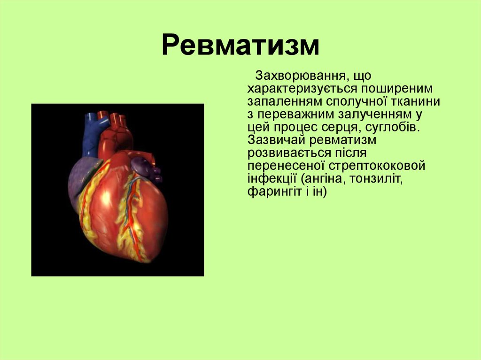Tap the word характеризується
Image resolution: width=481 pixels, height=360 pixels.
302,89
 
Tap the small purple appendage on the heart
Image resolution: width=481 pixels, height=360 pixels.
141,167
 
